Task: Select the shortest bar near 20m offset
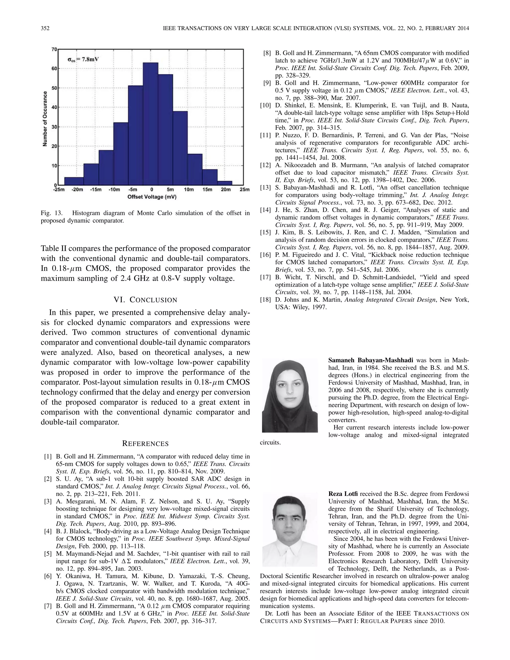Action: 225,183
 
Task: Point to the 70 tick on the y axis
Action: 54,49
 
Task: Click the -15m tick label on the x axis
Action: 95,190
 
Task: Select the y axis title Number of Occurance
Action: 45,119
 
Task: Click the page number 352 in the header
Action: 45,28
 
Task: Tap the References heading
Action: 145,444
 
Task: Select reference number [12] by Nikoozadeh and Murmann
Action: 265,165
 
